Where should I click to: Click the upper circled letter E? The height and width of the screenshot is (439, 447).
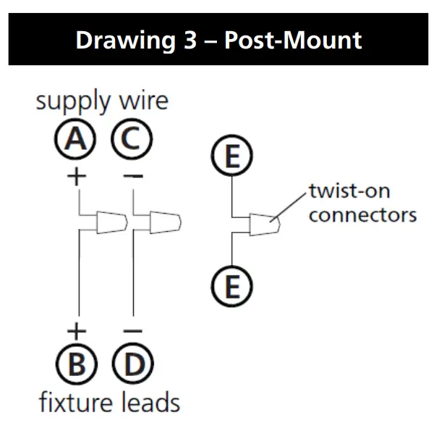click(231, 157)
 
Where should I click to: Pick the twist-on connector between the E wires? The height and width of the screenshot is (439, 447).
click(263, 224)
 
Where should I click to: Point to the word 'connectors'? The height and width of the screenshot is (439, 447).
click(362, 215)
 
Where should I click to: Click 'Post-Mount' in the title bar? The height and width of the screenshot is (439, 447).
click(293, 40)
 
